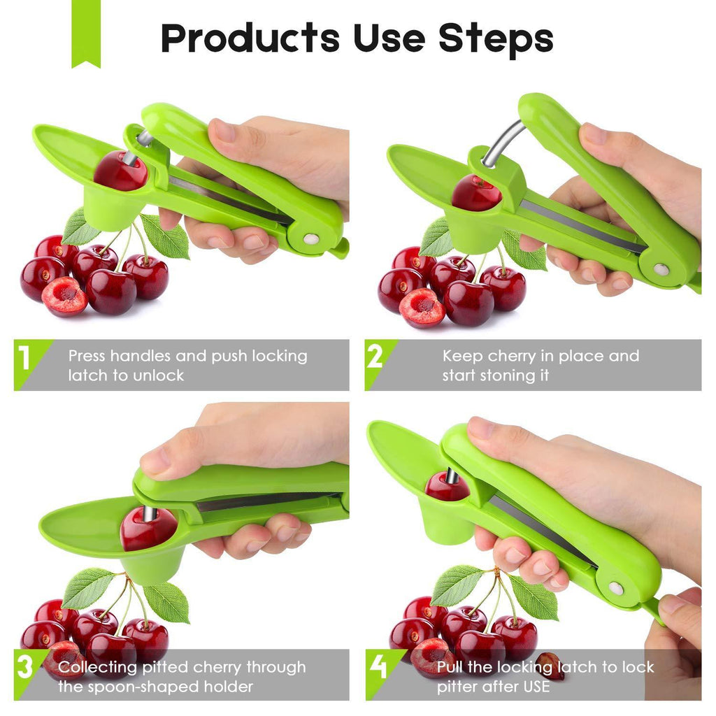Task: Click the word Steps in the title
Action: [496, 38]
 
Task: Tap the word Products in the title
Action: [250, 38]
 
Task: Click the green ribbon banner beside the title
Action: [86, 34]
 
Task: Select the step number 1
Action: [24, 357]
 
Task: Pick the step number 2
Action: [375, 356]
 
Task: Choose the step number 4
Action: [378, 666]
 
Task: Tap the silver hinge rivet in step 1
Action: [311, 239]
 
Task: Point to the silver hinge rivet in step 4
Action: [616, 588]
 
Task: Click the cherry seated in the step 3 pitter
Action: [148, 529]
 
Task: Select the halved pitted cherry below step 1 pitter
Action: [64, 296]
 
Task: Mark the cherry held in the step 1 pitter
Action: [120, 171]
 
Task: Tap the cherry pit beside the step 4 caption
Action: [550, 666]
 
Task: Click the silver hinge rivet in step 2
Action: [661, 269]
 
